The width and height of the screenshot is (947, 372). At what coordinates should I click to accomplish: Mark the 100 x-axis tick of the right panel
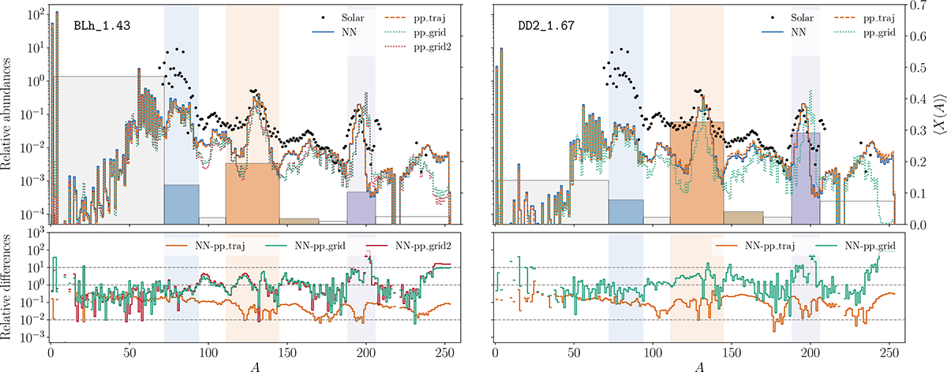pos(653,356)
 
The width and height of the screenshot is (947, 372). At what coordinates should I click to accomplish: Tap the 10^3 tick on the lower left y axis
pos(34,234)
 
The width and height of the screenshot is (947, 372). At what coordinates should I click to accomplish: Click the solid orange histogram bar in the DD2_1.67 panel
pos(697,173)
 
